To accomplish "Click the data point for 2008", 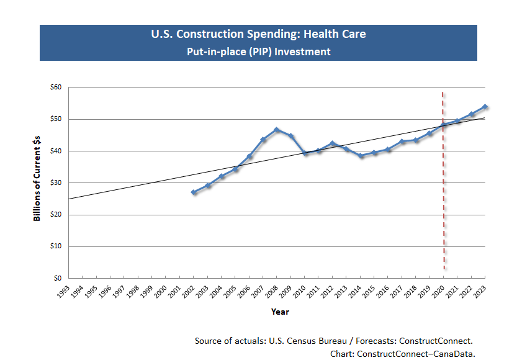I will [x=277, y=130].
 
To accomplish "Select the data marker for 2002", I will [x=194, y=192].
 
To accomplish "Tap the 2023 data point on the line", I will [x=485, y=107].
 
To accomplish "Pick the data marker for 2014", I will [x=360, y=156].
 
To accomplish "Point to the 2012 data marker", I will [x=332, y=143].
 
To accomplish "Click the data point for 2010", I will [x=305, y=153].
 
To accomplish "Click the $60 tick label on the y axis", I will [x=56, y=88].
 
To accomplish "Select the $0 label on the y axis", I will [x=58, y=279].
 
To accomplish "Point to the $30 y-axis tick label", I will [x=56, y=183].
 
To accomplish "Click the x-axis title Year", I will [x=279, y=312].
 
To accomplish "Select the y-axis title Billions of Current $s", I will [x=37, y=182].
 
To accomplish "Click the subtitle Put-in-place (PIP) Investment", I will [x=258, y=52].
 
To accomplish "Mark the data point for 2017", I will [x=402, y=142].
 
